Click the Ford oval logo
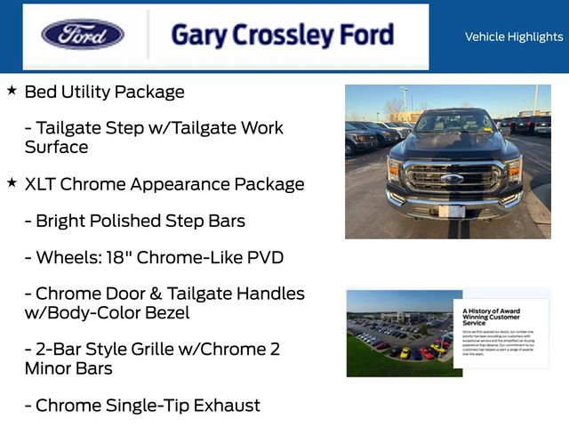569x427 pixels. [83, 35]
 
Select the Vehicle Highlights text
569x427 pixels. [513, 36]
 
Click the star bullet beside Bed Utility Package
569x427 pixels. [12, 91]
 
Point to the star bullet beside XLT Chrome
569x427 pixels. [12, 182]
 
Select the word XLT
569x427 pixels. [43, 184]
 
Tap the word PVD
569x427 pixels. [262, 258]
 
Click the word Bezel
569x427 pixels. [164, 313]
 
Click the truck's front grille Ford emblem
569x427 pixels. [453, 178]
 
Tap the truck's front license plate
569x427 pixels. [452, 211]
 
